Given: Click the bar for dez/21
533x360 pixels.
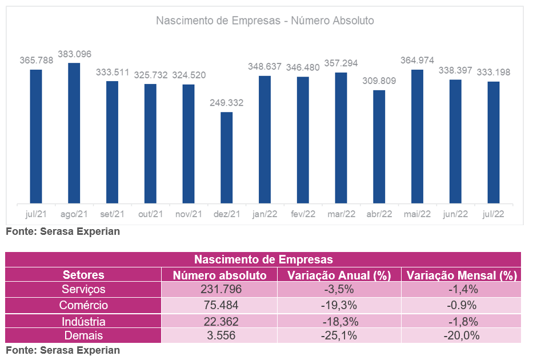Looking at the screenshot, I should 227,157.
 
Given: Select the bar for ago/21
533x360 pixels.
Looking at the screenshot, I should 74,133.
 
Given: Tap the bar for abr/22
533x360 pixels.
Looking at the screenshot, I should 379,146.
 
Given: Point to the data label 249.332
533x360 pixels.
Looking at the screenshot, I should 227,103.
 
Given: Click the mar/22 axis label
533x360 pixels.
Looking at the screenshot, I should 341,214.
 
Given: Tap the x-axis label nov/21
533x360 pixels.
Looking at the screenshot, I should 189,214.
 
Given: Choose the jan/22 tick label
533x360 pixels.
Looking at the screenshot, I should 265,214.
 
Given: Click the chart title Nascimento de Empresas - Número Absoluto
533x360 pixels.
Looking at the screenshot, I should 265,21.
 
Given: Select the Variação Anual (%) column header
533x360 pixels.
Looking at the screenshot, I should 339,275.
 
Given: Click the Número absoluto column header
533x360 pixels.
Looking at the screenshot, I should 220,275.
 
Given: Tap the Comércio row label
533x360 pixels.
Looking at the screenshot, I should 83,305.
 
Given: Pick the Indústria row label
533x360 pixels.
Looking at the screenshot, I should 83,321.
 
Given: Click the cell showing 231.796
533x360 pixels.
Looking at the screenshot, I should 220,289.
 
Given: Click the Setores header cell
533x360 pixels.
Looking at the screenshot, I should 83,275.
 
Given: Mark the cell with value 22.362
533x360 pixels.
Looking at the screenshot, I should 220,321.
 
